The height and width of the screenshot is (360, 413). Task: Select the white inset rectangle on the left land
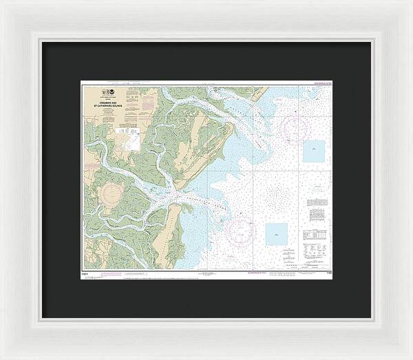tap(130, 143)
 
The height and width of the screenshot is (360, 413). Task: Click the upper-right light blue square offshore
tap(314, 151)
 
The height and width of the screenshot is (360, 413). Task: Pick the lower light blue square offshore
tap(277, 233)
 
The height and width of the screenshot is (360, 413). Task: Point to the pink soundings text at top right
tap(320, 85)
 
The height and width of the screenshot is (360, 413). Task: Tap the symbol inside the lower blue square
tap(277, 235)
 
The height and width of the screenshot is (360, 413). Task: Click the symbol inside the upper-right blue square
tap(314, 151)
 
